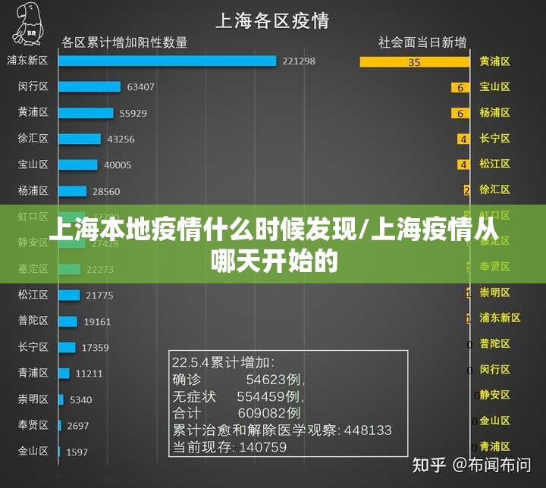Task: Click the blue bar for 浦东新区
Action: (167, 61)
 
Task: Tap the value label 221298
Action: (298, 61)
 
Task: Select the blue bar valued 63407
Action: (89, 86)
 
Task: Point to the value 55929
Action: (133, 113)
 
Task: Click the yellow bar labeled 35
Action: (414, 62)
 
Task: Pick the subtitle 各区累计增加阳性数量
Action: (124, 42)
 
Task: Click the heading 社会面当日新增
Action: (422, 42)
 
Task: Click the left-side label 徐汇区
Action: (33, 139)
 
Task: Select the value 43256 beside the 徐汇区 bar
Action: (121, 139)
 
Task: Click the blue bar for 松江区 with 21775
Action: (69, 295)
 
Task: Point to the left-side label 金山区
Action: (33, 451)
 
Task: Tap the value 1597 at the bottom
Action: (77, 452)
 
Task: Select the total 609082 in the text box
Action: (268, 413)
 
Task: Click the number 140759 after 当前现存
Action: (263, 447)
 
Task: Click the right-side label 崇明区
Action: (495, 292)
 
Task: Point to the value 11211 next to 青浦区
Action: (89, 374)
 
